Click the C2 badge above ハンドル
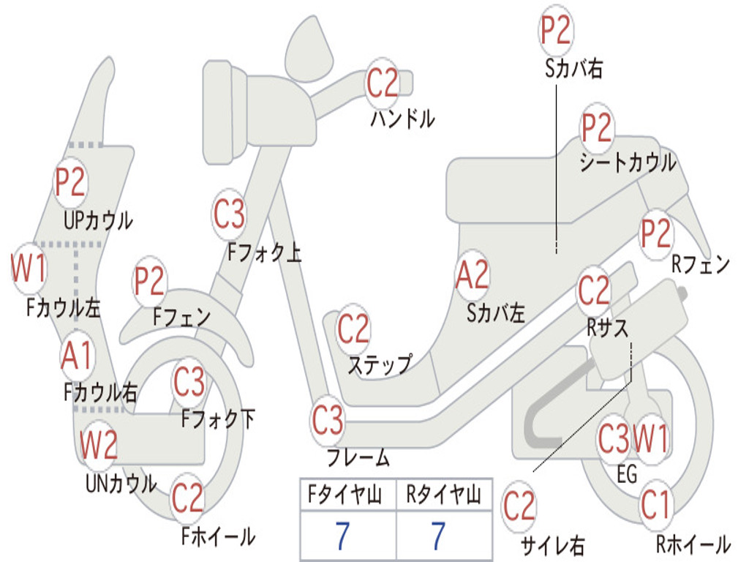[x=382, y=83]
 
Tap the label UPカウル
[x=99, y=221]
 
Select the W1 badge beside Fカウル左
[x=29, y=268]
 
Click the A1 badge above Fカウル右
[x=76, y=356]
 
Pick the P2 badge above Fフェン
[x=149, y=281]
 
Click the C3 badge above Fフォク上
[x=229, y=214]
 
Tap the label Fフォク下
[x=218, y=419]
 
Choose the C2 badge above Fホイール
[x=188, y=498]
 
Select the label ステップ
[x=380, y=364]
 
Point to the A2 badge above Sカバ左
[x=473, y=275]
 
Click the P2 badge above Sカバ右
[x=556, y=29]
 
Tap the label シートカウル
[x=628, y=162]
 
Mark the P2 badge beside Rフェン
[x=656, y=233]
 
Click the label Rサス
[x=608, y=328]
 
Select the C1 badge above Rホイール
[x=655, y=505]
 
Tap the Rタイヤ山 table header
[x=444, y=495]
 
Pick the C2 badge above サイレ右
[x=519, y=506]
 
